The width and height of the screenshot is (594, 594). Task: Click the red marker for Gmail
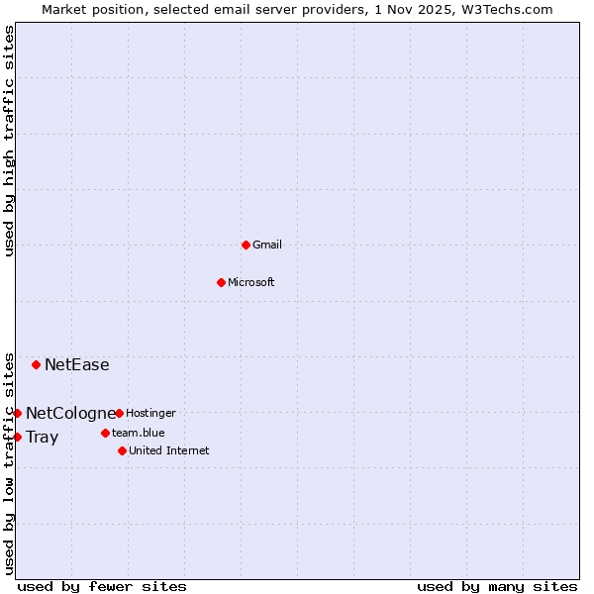pyautogui.click(x=246, y=245)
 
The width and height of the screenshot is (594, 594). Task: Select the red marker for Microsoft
pyautogui.click(x=222, y=282)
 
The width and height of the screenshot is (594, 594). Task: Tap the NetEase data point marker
pyautogui.click(x=37, y=364)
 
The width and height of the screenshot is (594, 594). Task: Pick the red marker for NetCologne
pyautogui.click(x=17, y=413)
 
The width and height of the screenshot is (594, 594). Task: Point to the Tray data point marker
pyautogui.click(x=17, y=437)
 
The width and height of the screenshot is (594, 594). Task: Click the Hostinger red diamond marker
pyautogui.click(x=119, y=413)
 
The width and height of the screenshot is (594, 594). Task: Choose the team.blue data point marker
pyautogui.click(x=105, y=433)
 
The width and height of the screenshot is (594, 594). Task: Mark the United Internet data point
pyautogui.click(x=122, y=450)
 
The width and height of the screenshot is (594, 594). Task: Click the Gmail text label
pyautogui.click(x=268, y=245)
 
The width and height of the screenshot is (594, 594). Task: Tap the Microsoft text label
pyautogui.click(x=250, y=282)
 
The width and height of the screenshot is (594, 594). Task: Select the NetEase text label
pyautogui.click(x=76, y=364)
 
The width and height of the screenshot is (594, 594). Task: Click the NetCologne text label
pyautogui.click(x=70, y=413)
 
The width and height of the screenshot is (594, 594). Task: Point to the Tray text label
pyautogui.click(x=42, y=437)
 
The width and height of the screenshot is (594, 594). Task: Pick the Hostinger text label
pyautogui.click(x=150, y=413)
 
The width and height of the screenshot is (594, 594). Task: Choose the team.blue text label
pyautogui.click(x=138, y=433)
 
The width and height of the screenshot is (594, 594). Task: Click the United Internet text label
pyautogui.click(x=168, y=450)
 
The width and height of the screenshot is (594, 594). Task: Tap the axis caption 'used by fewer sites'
pyautogui.click(x=102, y=586)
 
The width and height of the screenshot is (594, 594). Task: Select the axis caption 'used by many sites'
pyautogui.click(x=497, y=586)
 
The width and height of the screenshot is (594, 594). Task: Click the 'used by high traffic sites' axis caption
pyautogui.click(x=9, y=141)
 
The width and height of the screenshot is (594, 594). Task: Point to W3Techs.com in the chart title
pyautogui.click(x=504, y=9)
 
